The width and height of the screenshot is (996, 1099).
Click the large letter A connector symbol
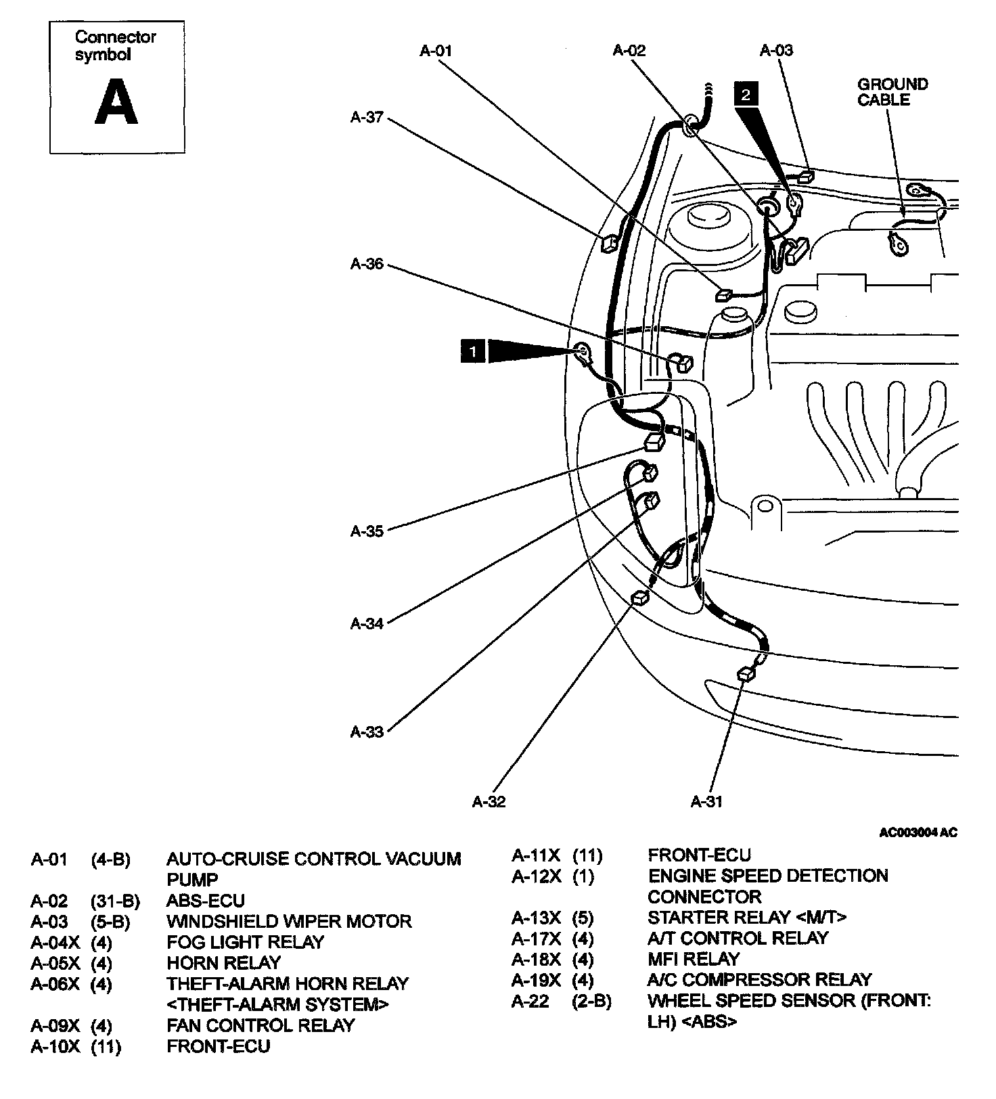116,102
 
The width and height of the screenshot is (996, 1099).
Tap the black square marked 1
472,351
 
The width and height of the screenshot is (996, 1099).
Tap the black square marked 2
745,94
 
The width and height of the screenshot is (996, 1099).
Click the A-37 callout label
367,118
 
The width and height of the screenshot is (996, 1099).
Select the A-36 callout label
367,265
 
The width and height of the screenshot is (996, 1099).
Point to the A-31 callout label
706,802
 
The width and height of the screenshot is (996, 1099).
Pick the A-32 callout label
489,802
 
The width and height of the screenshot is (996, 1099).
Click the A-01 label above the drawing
436,51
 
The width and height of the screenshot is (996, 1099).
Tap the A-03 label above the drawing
776,51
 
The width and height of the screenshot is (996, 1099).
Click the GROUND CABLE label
892,92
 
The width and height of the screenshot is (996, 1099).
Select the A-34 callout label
367,623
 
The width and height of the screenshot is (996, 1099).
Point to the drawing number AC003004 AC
918,832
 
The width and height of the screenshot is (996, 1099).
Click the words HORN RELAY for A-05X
223,962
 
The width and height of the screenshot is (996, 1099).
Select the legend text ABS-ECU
206,901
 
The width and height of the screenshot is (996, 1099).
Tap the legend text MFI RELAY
694,959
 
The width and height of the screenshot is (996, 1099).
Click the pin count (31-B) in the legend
115,901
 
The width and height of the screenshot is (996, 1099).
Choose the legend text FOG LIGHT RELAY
245,942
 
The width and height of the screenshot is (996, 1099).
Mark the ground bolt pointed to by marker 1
581,351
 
